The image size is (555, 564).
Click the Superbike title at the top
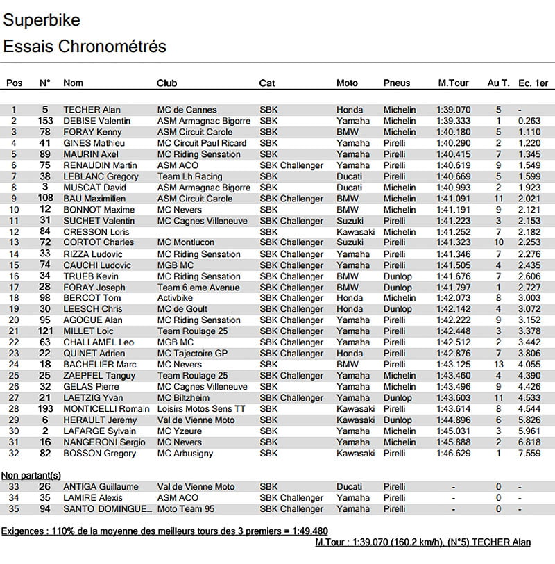tap(42, 20)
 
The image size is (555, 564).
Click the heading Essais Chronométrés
tap(85, 47)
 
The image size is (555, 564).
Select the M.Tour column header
tap(453, 83)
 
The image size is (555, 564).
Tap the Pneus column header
tap(397, 83)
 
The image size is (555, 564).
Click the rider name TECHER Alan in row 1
tap(92, 110)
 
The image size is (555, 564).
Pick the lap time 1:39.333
tap(453, 121)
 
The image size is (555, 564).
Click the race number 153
tap(45, 121)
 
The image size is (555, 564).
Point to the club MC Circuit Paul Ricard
tap(202, 143)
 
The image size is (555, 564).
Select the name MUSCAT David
tap(95, 188)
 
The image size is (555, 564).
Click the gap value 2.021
tap(529, 199)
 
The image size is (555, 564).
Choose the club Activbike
tap(176, 298)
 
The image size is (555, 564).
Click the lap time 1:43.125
tap(453, 365)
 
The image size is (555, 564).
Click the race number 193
tap(45, 409)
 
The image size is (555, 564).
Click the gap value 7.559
tap(529, 454)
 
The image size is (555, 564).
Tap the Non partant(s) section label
tap(31, 475)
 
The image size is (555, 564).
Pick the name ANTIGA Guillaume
tap(101, 487)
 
